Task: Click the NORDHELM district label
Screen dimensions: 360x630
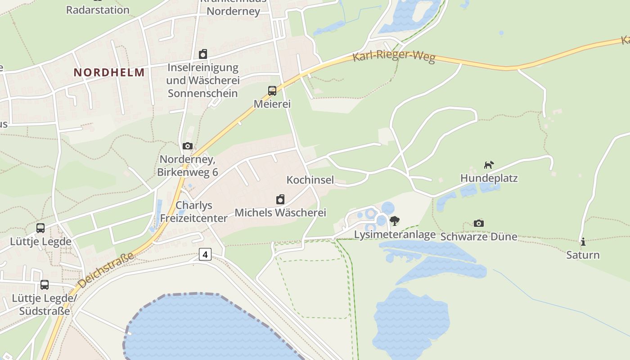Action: coord(109,72)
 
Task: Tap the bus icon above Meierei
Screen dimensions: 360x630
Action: coord(272,91)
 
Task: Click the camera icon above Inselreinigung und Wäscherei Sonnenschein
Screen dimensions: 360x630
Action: coord(203,54)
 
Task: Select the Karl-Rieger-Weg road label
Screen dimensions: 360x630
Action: coord(394,57)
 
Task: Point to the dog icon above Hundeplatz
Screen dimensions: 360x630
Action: coord(489,165)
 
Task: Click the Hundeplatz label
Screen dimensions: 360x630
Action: coord(489,178)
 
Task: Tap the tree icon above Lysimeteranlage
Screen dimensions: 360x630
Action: coord(395,220)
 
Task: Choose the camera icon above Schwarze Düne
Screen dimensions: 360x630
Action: coord(479,223)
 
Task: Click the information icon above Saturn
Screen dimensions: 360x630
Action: coord(583,242)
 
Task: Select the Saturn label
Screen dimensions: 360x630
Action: coord(583,255)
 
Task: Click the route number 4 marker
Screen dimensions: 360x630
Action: coord(205,254)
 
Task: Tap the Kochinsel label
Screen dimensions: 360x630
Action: coord(310,180)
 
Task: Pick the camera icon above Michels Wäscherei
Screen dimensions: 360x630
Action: coord(280,199)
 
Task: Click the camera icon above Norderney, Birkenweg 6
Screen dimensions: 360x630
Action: coord(188,146)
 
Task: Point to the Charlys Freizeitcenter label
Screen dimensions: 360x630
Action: coord(194,211)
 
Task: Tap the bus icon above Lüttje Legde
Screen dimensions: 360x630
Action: coord(40,228)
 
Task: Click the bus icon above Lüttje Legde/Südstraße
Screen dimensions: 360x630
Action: coord(44,285)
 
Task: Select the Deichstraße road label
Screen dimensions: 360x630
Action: coord(106,270)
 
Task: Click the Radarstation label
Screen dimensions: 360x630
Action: coord(98,9)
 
